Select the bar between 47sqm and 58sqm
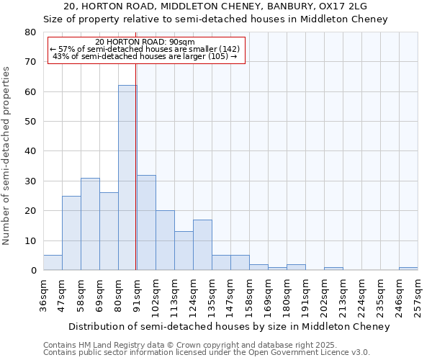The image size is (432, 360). [71, 233]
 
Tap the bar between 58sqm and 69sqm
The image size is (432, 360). [90, 224]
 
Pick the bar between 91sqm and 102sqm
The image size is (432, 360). [146, 222]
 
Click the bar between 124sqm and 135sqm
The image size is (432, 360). [202, 245]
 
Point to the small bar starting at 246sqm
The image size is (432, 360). [408, 269]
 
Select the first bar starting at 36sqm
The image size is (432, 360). [53, 263]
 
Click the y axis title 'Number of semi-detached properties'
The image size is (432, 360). [7, 156]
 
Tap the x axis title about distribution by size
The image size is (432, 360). [230, 327]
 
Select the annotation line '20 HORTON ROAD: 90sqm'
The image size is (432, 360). [145, 42]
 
